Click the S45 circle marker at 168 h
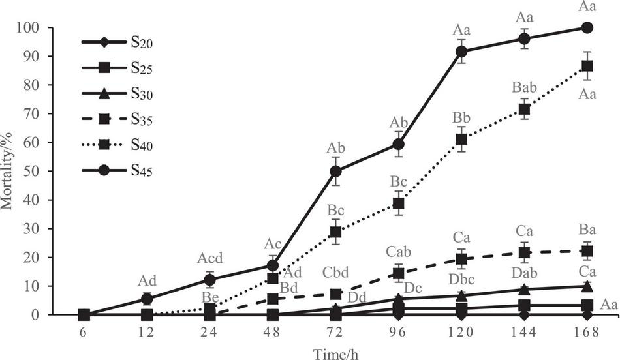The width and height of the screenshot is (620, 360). tap(587, 27)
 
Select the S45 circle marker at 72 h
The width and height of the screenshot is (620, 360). tap(335, 171)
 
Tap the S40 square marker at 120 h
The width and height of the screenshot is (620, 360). tap(461, 139)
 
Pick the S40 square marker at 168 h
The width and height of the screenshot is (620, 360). tap(587, 66)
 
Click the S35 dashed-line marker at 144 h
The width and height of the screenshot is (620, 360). tap(524, 252)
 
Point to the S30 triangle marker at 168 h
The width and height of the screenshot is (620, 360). tap(587, 286)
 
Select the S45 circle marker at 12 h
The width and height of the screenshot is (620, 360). tap(147, 299)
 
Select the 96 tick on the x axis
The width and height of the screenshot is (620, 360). tap(398, 332)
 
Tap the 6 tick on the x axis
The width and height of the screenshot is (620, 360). tap(84, 332)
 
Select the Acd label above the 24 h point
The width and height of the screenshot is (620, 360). tap(209, 258)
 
